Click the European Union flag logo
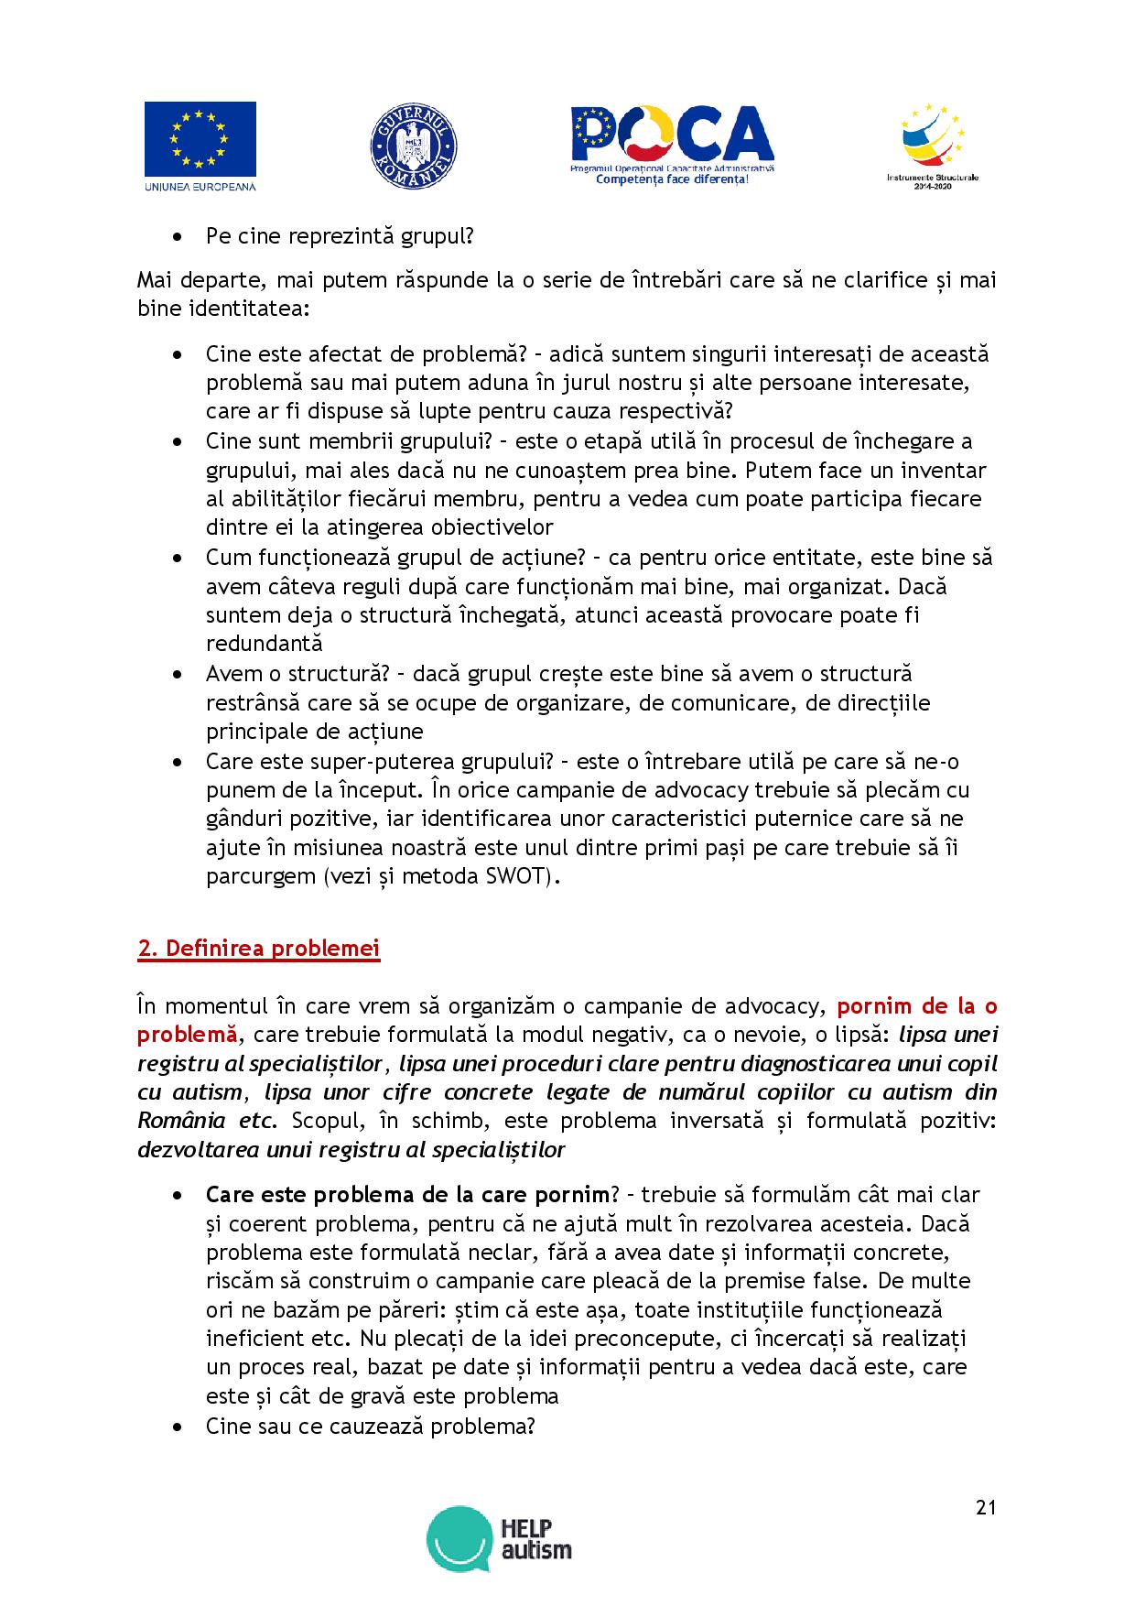pos(200,139)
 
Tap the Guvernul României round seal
pos(414,146)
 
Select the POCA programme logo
pos(673,137)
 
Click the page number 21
pos(985,1507)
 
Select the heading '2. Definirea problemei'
pos(258,948)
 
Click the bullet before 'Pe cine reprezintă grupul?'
pos(178,237)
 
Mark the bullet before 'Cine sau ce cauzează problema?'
pos(178,1427)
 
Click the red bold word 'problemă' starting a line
pos(187,1035)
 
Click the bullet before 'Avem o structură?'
pos(178,675)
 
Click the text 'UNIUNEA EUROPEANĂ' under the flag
pos(200,187)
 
